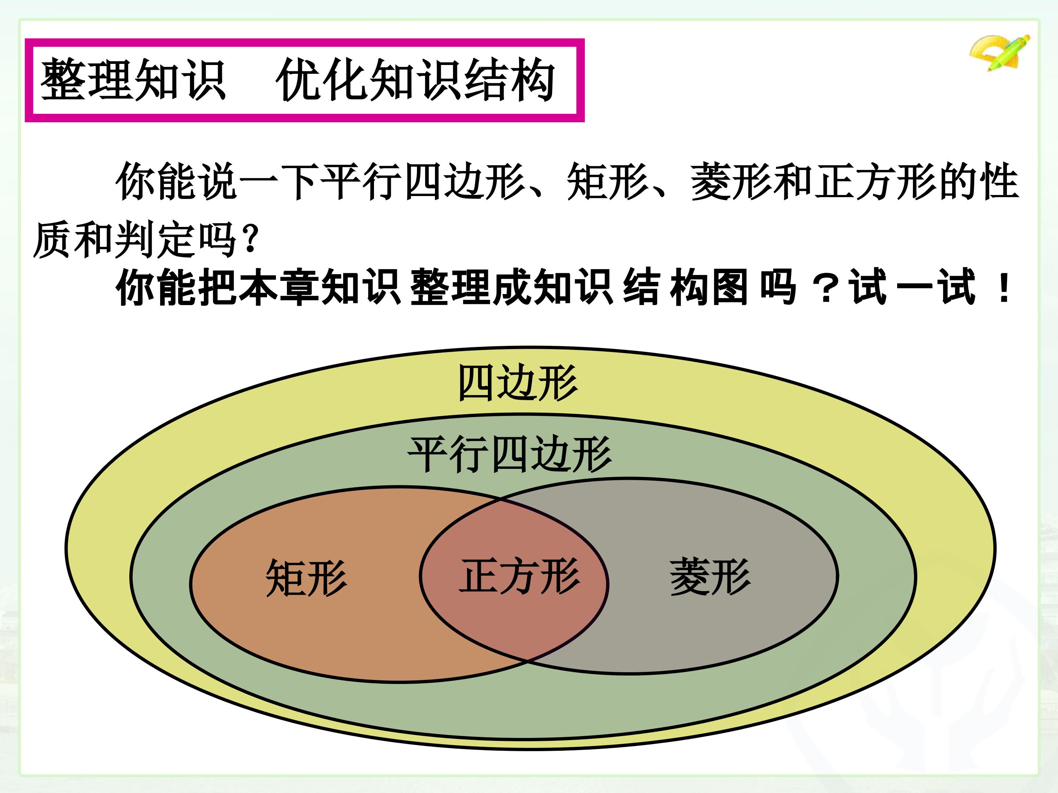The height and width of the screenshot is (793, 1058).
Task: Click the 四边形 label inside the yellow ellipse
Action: point(518,383)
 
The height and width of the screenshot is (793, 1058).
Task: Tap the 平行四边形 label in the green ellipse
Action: point(510,454)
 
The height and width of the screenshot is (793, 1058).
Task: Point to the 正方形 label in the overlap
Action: point(519,576)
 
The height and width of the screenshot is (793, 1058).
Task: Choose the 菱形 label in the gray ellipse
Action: point(710,577)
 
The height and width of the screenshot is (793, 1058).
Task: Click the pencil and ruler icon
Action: point(1000,52)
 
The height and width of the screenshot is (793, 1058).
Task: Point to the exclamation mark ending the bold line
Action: point(1004,288)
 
